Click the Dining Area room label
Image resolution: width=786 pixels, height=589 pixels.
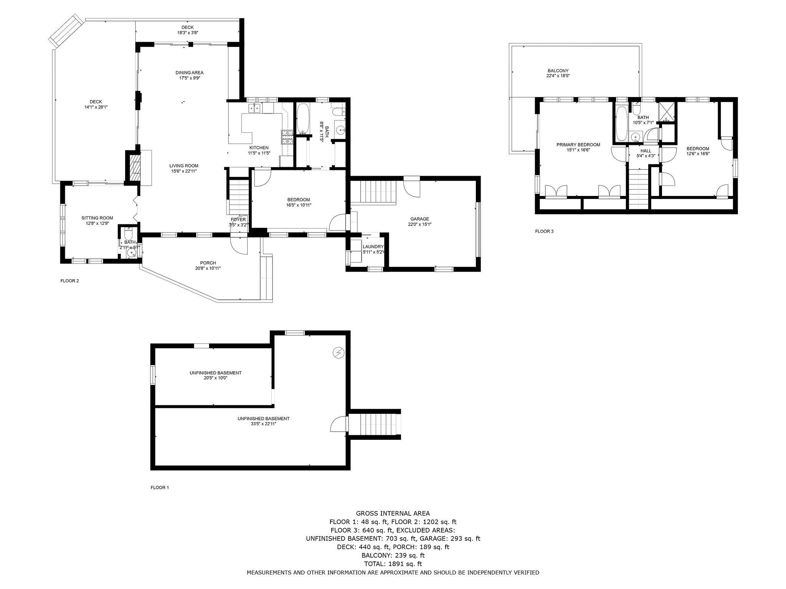tap(189, 72)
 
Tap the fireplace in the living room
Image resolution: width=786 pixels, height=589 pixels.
tap(134, 168)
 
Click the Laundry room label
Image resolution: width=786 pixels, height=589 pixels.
tap(373, 247)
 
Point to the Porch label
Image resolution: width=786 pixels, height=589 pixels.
tap(208, 263)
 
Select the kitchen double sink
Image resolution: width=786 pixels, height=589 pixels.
tap(254, 109)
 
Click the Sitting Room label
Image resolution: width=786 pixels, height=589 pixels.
tap(97, 218)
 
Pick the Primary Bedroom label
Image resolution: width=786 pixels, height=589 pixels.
tap(578, 145)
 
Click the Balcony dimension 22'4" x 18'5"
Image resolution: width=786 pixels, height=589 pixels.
tap(558, 76)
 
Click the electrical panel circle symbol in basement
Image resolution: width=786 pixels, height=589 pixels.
tap(339, 352)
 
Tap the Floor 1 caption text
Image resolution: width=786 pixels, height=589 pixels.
tap(159, 488)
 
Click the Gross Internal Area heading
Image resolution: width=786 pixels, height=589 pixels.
tap(393, 513)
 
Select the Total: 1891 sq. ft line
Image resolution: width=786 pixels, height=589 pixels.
tap(393, 564)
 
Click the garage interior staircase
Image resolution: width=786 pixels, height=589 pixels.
tap(373, 192)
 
